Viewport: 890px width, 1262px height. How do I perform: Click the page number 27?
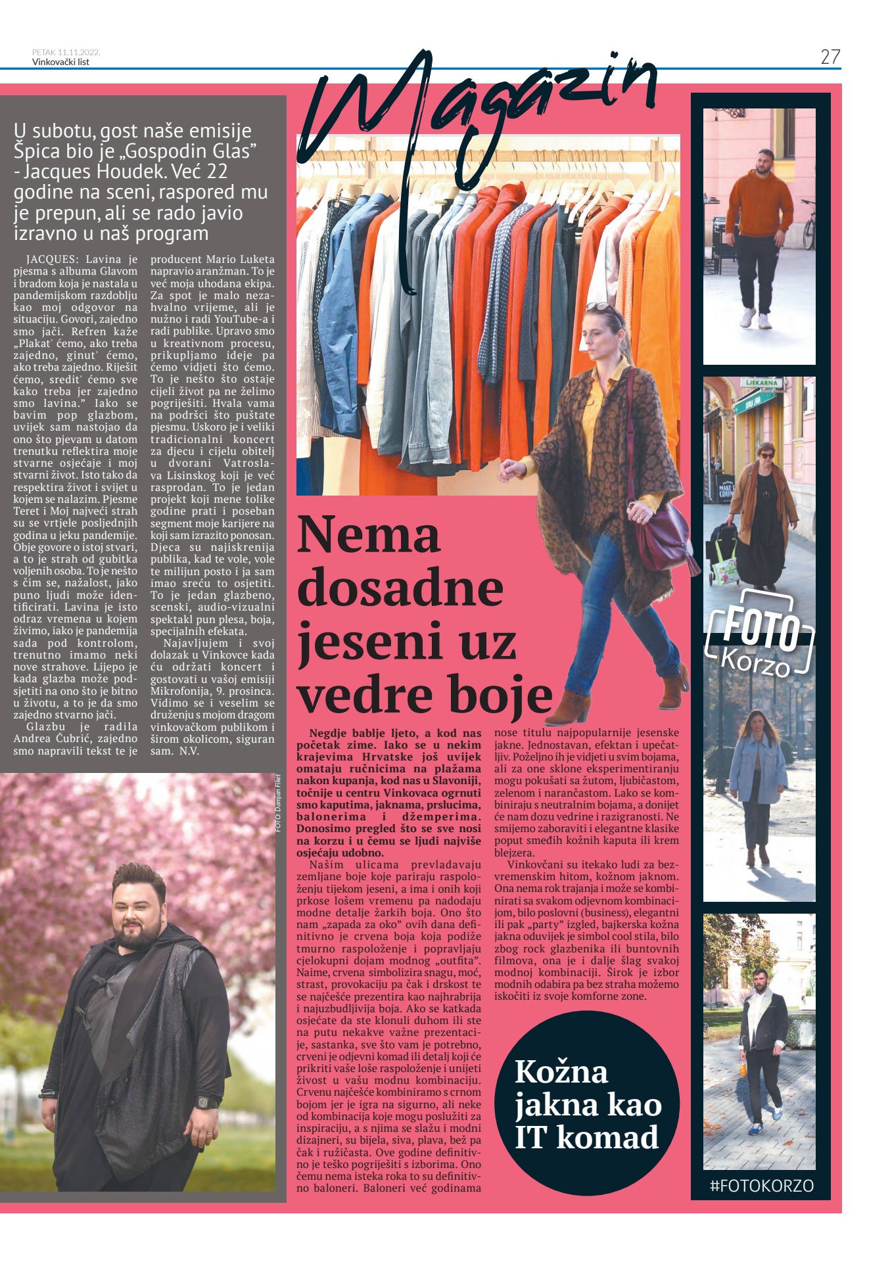point(830,57)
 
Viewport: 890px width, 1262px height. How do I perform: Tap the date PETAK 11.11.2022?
point(66,53)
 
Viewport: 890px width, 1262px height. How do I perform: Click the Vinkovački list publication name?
point(60,62)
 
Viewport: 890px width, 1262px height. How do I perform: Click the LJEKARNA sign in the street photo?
point(761,383)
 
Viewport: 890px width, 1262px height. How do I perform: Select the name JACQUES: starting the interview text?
point(52,260)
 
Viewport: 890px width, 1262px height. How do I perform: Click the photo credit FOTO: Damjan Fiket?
point(279,803)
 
